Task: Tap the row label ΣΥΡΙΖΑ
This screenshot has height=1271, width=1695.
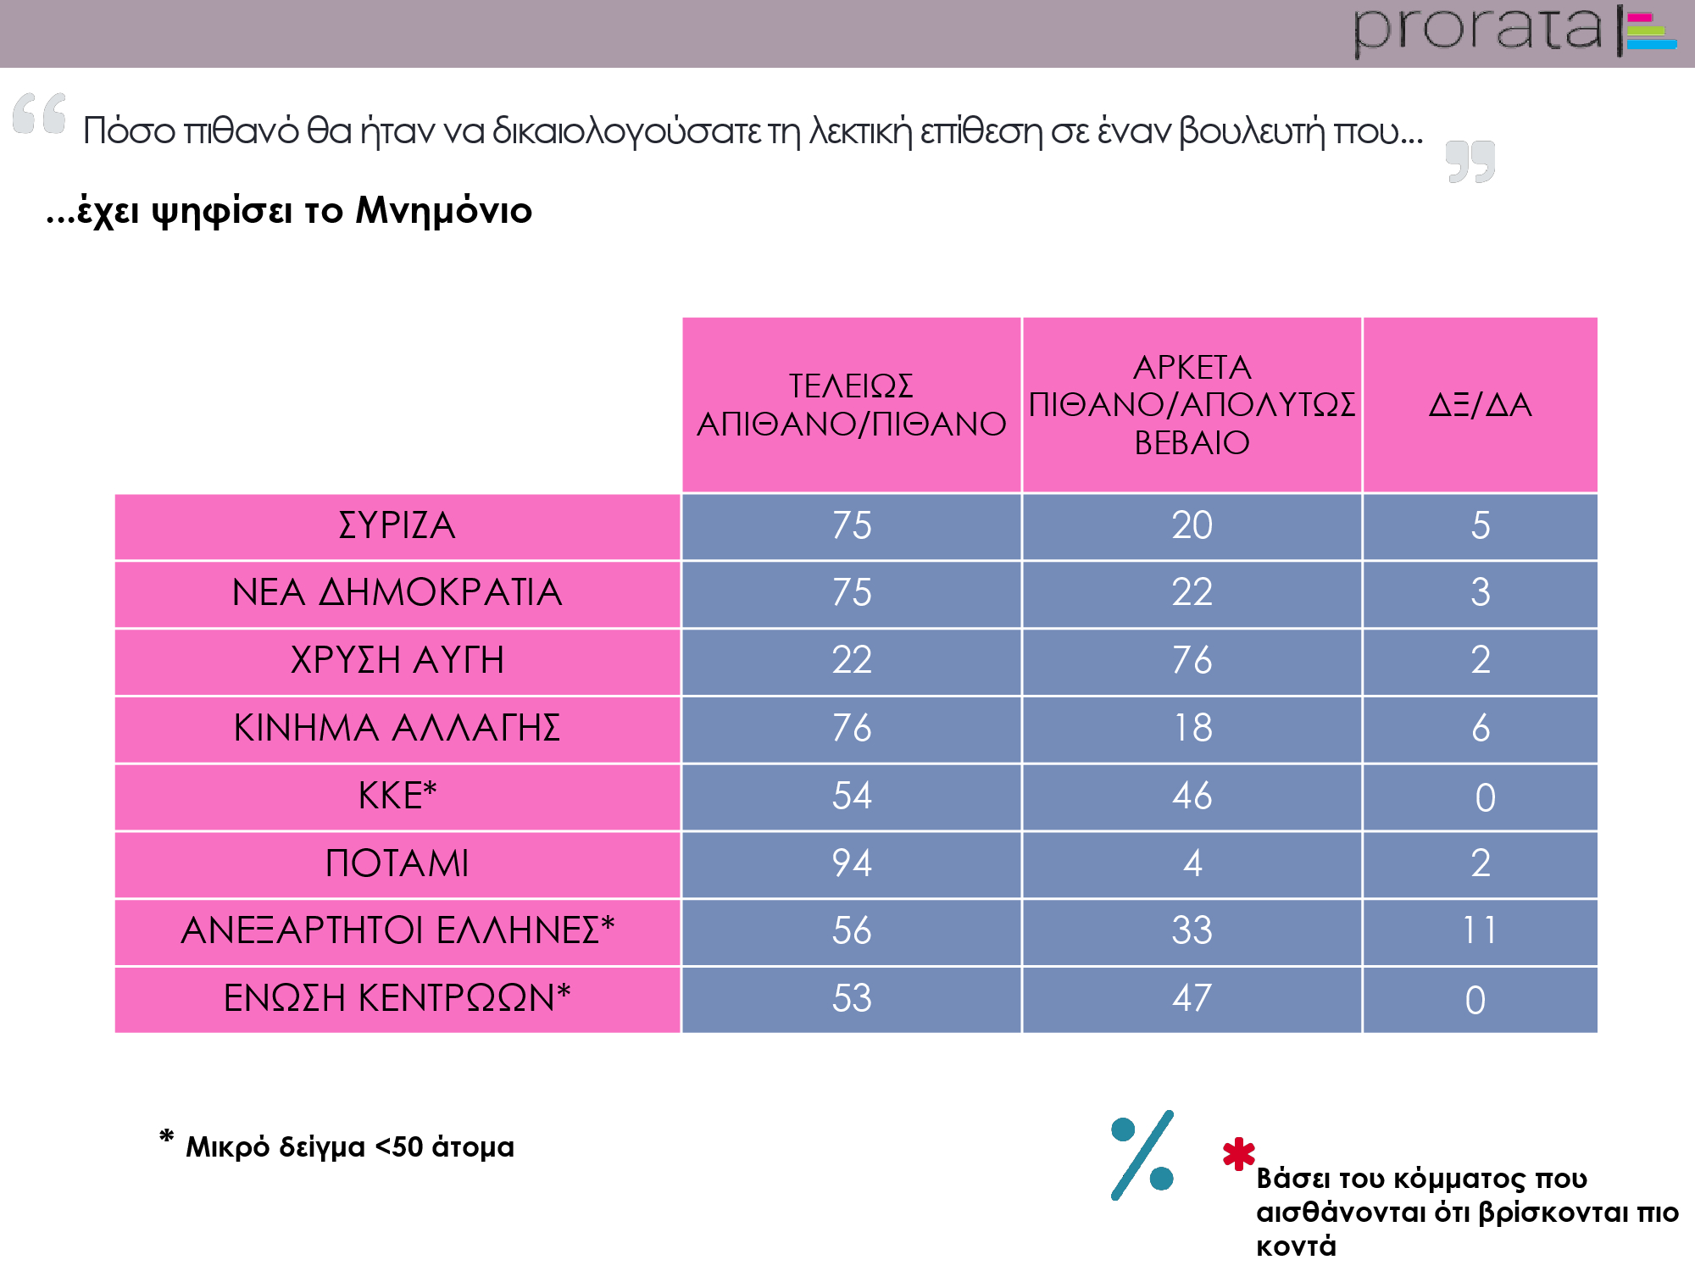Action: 397,525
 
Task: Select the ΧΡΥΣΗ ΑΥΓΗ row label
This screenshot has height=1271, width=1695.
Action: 397,660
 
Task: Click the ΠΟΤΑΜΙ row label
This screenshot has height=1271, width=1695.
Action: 397,863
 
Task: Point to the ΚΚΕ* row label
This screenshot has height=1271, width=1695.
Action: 397,796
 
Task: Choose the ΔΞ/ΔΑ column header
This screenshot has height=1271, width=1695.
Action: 1480,405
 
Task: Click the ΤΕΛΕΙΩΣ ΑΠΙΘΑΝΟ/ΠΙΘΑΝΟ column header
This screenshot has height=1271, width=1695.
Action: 851,405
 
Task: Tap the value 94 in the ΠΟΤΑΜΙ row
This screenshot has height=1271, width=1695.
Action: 852,863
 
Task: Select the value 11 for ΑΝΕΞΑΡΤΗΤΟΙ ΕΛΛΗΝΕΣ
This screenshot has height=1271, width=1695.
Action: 1480,930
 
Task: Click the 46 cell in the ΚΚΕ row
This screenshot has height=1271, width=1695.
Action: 1192,796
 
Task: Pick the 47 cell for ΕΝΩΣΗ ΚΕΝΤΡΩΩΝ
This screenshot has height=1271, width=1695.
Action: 1192,998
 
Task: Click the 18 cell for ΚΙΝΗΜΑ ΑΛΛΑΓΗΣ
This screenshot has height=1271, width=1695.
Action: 1192,728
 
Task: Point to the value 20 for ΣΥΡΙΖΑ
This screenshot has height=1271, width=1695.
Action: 1192,525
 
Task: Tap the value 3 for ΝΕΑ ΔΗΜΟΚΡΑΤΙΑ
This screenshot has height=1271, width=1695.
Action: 1480,592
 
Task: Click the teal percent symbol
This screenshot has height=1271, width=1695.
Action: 1142,1155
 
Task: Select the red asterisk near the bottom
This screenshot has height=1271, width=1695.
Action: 1238,1153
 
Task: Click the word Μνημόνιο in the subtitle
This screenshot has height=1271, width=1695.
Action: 443,210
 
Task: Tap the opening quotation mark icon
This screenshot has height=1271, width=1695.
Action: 39,114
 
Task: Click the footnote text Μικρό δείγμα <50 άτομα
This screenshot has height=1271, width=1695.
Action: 349,1146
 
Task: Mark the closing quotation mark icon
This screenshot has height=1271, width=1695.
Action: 1470,161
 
